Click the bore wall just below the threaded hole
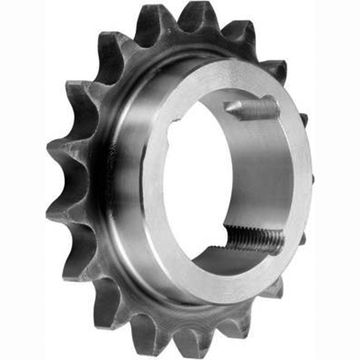(x=244, y=259)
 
